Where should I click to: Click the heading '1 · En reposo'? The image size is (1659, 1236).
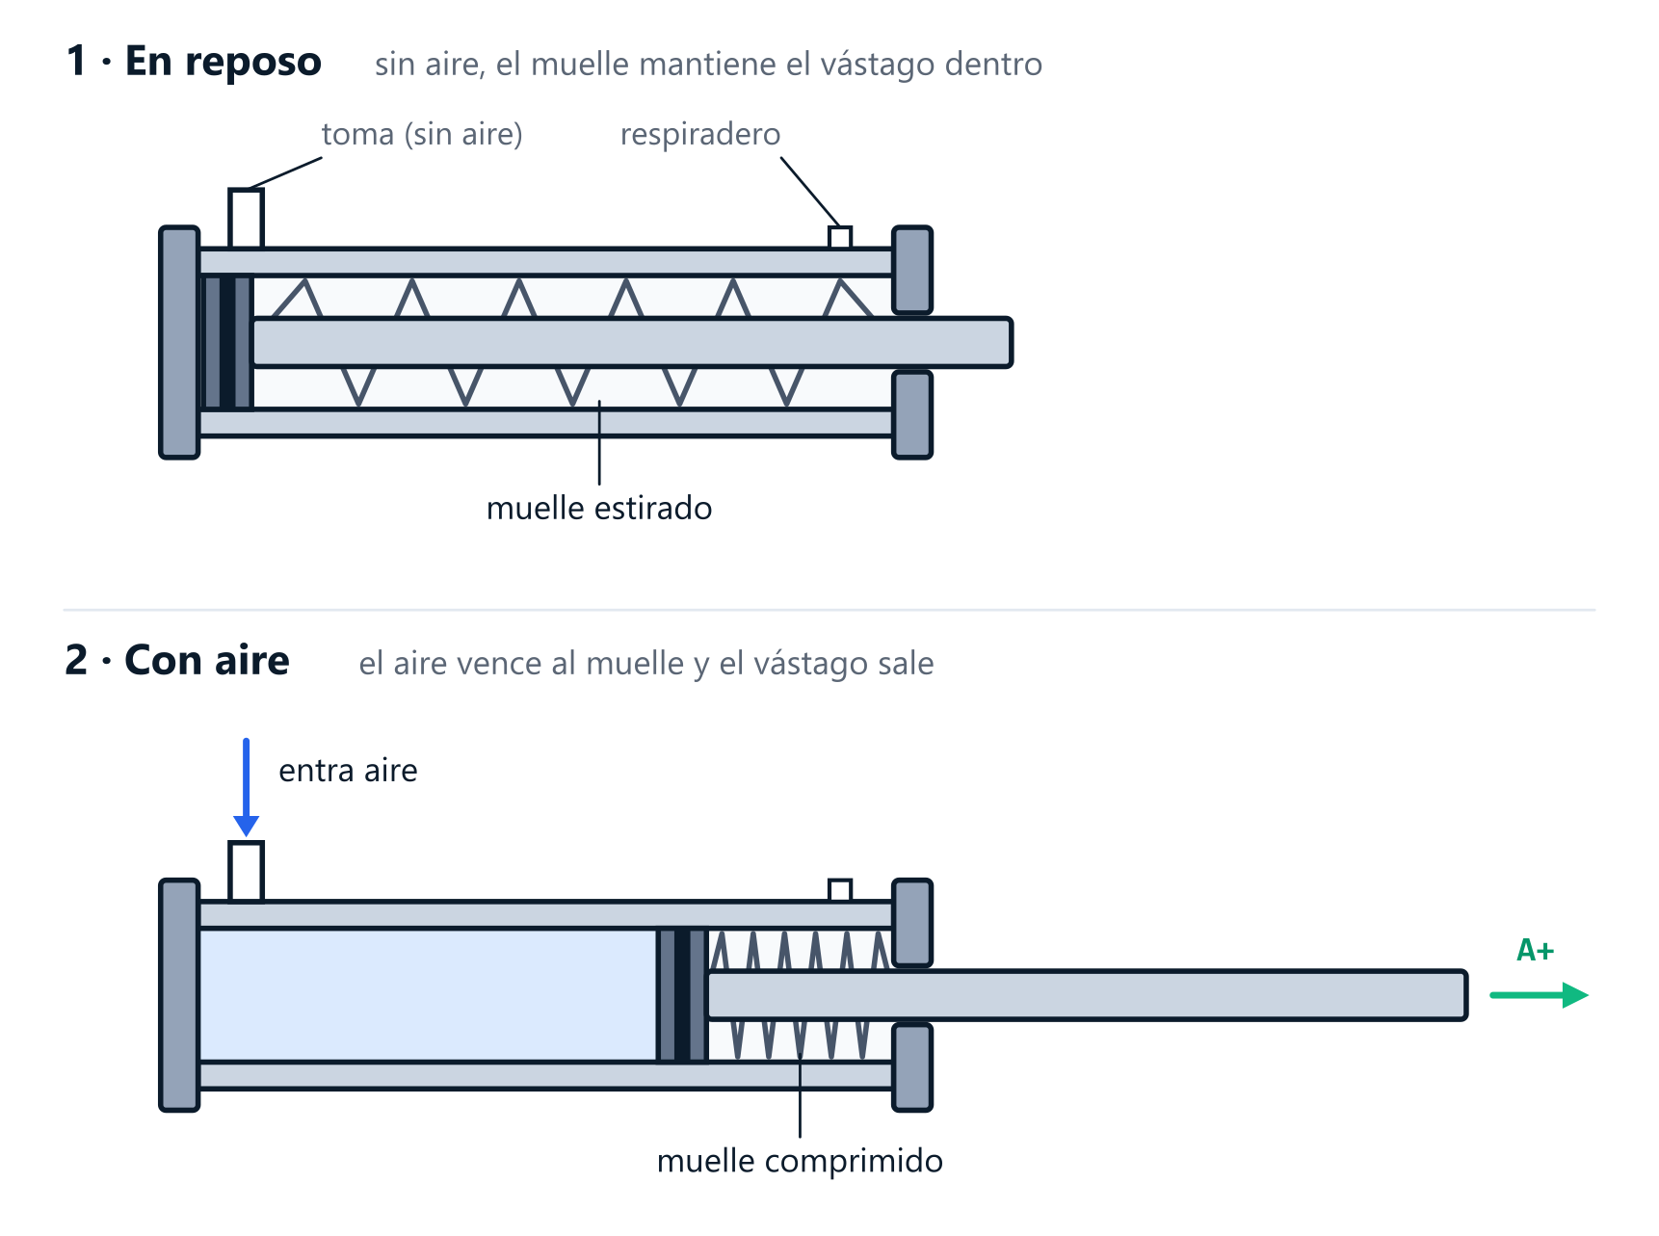pos(194,61)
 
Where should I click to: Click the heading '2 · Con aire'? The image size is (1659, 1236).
pos(177,660)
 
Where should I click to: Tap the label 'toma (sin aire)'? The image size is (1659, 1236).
pos(422,134)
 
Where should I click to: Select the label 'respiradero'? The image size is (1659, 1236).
pos(700,134)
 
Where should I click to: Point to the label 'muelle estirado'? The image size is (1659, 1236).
pos(599,508)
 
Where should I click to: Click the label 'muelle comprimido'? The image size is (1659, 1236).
pos(800,1161)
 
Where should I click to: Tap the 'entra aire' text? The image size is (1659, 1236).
pos(348,771)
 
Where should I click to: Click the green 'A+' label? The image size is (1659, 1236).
pos(1536,951)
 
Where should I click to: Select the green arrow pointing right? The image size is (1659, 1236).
pos(1539,995)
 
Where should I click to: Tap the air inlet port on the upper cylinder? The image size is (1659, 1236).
pos(246,219)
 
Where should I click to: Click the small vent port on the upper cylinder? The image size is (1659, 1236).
pos(840,237)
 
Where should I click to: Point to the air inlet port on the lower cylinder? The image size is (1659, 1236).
pos(246,872)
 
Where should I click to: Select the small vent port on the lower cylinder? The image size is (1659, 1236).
pos(840,890)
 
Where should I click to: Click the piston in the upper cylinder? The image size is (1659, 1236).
pos(227,343)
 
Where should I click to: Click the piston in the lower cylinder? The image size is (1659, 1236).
pos(682,995)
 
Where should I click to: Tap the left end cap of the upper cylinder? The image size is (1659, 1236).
pos(179,343)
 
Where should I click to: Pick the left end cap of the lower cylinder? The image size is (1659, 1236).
pos(179,995)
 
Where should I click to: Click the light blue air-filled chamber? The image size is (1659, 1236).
pos(428,995)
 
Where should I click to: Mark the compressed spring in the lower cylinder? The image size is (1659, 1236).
pos(800,995)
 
